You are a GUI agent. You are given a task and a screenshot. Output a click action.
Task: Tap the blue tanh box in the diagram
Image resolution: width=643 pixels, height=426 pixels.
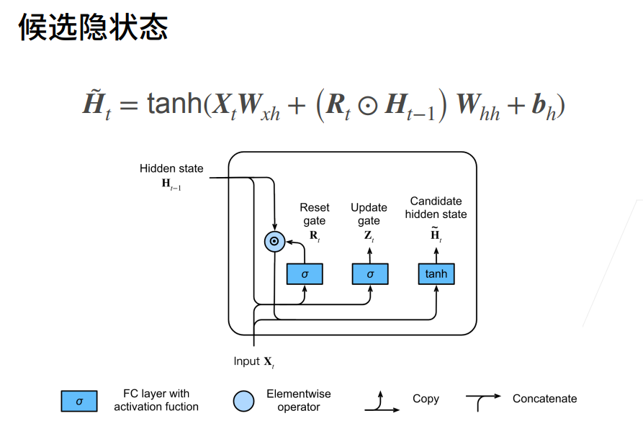pos(436,274)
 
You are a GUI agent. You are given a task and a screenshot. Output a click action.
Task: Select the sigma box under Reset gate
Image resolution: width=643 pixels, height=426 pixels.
pos(305,274)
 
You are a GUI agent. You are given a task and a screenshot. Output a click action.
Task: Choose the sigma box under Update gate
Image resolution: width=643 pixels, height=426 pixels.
pos(370,274)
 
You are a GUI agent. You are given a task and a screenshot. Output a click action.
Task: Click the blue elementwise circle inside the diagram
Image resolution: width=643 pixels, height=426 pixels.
pos(274,242)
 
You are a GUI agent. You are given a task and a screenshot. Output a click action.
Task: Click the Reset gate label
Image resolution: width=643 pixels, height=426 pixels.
pos(315,214)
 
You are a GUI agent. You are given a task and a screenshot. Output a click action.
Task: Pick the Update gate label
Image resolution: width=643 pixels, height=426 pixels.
pos(369,214)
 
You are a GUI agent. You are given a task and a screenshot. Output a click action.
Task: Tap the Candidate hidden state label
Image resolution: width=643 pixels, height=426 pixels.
pos(436,208)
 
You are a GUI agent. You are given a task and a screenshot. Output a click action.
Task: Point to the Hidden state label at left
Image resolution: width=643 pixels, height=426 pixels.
pos(171,169)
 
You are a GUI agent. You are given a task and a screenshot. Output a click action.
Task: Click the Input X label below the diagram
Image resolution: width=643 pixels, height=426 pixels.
pos(253,361)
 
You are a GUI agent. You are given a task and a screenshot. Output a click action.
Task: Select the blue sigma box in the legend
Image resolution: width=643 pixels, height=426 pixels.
pos(79,401)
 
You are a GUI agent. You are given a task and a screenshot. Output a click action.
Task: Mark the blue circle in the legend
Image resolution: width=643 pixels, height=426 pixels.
pos(244,401)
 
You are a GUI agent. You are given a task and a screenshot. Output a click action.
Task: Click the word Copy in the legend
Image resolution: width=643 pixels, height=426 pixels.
pos(426,399)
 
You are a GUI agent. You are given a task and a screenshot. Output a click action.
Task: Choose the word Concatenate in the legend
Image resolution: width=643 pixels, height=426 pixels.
pos(544,399)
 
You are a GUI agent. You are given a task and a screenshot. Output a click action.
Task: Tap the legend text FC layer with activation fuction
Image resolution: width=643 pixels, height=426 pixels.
pos(156,400)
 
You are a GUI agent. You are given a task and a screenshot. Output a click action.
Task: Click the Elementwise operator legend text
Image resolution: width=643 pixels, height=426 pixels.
pos(299,400)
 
